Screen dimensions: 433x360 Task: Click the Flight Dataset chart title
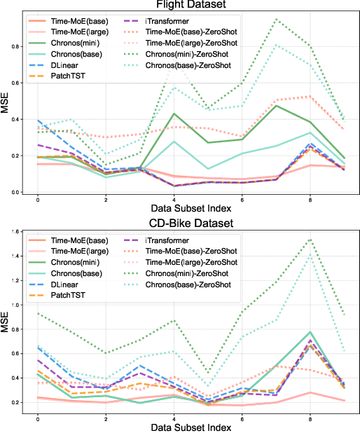point(188,5)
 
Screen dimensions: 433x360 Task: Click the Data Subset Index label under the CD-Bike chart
point(188,427)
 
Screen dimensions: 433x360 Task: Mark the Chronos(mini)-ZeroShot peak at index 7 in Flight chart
point(276,19)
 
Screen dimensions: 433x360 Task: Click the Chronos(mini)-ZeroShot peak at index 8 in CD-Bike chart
point(310,239)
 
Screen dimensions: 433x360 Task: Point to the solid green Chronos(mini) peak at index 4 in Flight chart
point(174,114)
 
